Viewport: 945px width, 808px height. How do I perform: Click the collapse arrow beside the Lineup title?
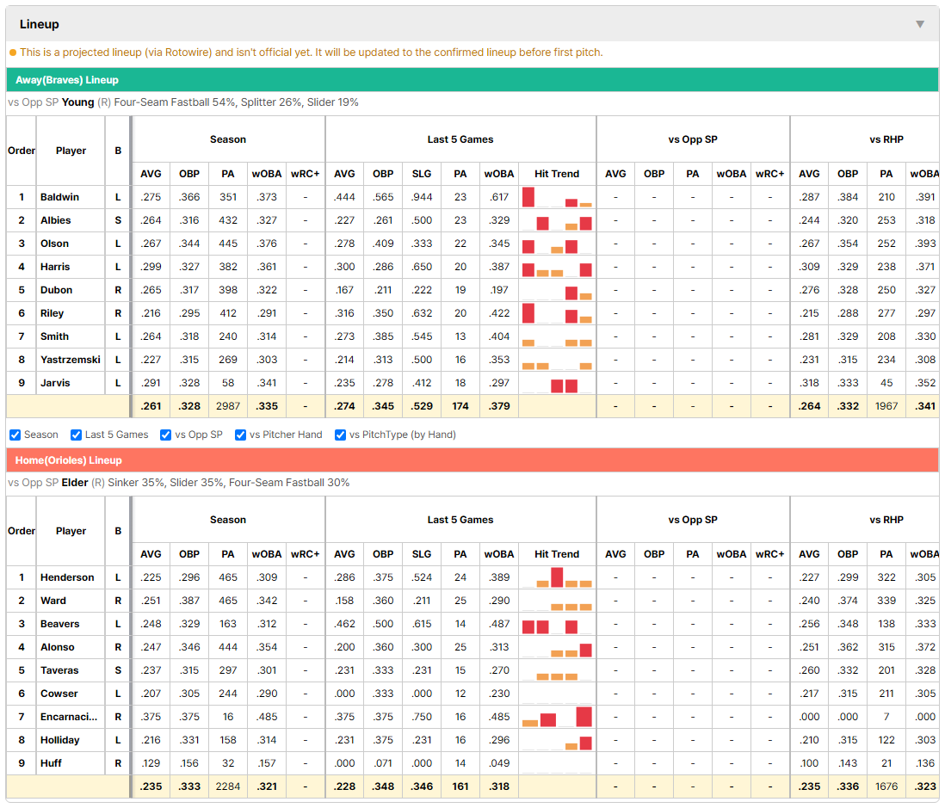(x=920, y=24)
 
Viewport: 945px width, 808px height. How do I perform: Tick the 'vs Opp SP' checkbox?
(x=166, y=435)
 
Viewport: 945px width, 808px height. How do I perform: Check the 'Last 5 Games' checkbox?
(x=76, y=435)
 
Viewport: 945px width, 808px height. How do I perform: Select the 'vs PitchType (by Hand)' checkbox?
(x=340, y=435)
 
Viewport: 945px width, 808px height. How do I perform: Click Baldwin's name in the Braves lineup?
(x=59, y=197)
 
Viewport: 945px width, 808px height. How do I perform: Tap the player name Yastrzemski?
(x=71, y=360)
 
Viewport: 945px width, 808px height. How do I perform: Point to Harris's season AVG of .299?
(x=151, y=267)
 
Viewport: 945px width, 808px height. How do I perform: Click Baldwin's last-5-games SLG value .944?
(x=421, y=197)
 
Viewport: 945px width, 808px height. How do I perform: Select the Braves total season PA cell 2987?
(x=228, y=406)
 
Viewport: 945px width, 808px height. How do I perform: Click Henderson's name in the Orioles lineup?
(x=67, y=577)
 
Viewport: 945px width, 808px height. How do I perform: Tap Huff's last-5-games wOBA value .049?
(x=499, y=763)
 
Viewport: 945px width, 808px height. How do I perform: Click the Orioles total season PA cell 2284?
(x=228, y=786)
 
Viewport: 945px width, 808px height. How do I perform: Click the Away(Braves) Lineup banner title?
(x=67, y=80)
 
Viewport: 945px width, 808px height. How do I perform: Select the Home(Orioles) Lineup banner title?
(x=69, y=460)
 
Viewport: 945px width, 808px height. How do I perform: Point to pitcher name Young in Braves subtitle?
(x=77, y=102)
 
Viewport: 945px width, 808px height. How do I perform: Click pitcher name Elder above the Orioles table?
(x=75, y=483)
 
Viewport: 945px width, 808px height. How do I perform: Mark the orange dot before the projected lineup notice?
(x=13, y=52)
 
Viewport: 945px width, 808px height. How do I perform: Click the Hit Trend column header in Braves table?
(x=556, y=174)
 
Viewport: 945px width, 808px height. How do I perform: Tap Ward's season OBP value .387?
(x=189, y=601)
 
